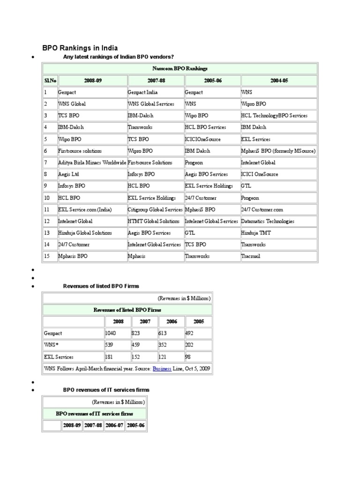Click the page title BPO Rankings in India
[x=80, y=48]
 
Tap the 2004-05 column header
[x=279, y=81]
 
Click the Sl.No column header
[x=50, y=81]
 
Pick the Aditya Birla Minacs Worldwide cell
[x=92, y=163]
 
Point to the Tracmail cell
[x=250, y=256]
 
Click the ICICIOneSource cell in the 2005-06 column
[x=202, y=139]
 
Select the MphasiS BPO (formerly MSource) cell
[x=278, y=151]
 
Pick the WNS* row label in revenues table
[x=52, y=345]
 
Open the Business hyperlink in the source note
[x=162, y=369]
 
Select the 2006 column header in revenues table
[x=172, y=322]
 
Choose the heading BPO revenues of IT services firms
[x=106, y=390]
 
